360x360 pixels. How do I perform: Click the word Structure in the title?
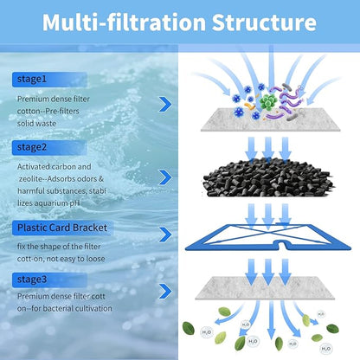(264, 22)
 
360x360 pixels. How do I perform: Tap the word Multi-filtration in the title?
(124, 22)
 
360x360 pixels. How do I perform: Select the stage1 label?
(32, 79)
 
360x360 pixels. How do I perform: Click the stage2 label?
(32, 147)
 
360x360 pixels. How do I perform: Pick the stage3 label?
(32, 280)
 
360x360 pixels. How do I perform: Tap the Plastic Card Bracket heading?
(62, 228)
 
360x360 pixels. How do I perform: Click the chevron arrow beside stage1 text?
(165, 105)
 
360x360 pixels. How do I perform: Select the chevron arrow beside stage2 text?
(165, 177)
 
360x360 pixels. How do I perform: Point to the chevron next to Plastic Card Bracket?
(165, 235)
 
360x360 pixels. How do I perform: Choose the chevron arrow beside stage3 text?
(165, 292)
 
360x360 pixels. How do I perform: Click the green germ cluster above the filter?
(268, 101)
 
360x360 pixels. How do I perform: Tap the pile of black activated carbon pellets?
(267, 177)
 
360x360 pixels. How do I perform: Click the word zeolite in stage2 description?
(31, 179)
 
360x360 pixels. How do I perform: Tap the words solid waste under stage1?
(36, 124)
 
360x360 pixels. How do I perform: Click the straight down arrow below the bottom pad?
(271, 320)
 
